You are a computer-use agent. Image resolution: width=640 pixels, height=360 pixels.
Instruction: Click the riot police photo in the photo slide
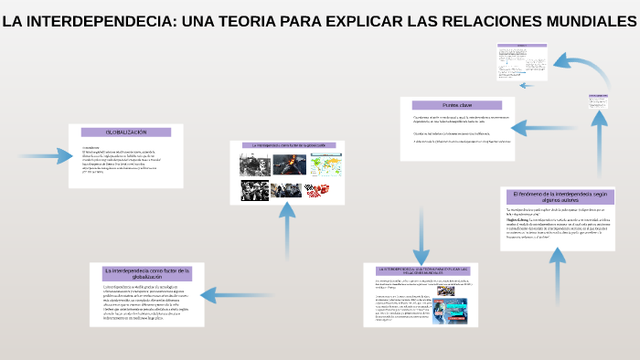pos(287,189)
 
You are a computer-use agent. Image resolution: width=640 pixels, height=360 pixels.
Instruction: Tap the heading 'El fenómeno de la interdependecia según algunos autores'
pos(560,197)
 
